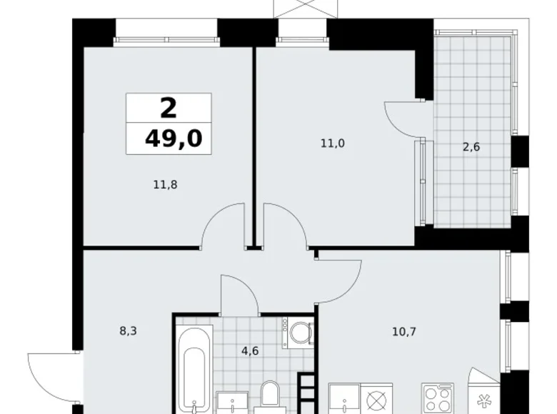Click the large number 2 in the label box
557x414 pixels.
pyautogui.click(x=169, y=108)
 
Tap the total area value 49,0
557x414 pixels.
pyautogui.click(x=173, y=138)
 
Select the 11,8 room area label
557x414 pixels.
pyautogui.click(x=164, y=184)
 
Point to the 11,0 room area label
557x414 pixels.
pyautogui.click(x=333, y=143)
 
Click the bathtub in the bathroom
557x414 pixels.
pyautogui.click(x=194, y=368)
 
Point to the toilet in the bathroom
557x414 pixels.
pyautogui.click(x=270, y=396)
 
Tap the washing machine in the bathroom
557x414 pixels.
pyautogui.click(x=298, y=333)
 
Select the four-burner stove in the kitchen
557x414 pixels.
pyautogui.click(x=436, y=398)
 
